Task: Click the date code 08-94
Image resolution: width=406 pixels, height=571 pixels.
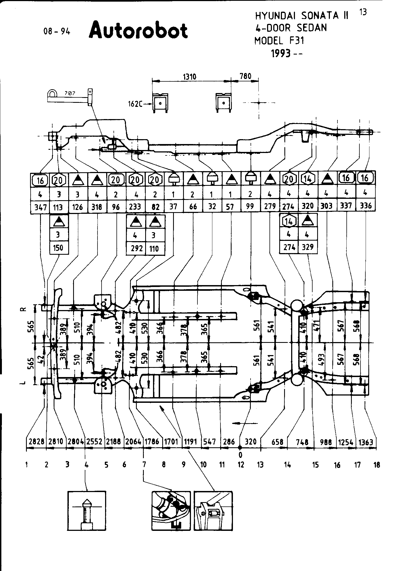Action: [57, 32]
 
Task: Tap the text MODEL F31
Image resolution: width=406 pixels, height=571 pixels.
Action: [279, 41]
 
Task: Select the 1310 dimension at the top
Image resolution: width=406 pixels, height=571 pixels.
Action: [190, 77]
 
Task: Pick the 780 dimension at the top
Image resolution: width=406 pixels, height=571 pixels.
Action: [246, 76]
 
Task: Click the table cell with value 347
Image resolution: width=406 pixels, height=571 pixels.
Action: [40, 208]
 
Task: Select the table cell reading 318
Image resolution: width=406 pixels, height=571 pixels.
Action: [97, 207]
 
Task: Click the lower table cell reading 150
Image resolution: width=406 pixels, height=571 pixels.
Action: [59, 248]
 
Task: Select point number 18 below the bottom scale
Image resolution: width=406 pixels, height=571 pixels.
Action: [377, 465]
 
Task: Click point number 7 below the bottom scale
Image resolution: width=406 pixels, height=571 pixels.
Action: [144, 465]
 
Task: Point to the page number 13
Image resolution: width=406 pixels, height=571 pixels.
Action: [363, 12]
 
